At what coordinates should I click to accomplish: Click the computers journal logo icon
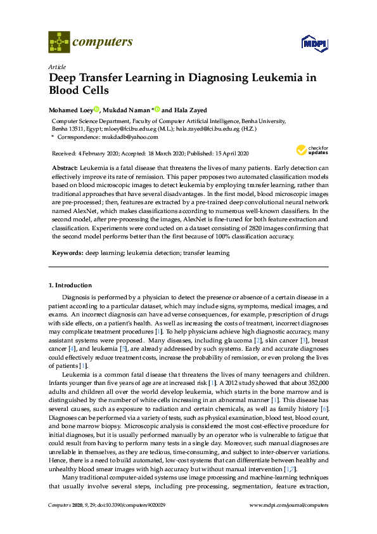tap(60, 43)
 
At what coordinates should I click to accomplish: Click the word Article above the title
tap(56, 67)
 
